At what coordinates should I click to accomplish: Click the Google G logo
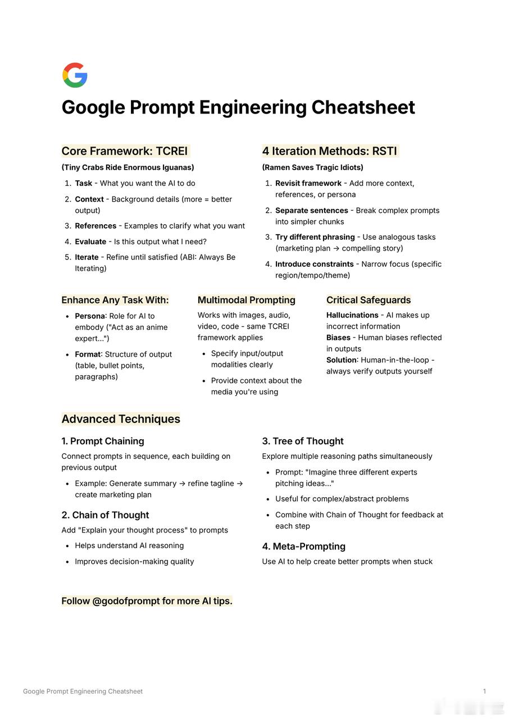(x=75, y=75)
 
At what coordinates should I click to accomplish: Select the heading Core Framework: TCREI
(x=125, y=151)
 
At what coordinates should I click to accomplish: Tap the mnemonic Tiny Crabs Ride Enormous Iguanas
(x=128, y=167)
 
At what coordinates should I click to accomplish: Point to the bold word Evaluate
(x=90, y=242)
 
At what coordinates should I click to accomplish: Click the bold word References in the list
(x=96, y=226)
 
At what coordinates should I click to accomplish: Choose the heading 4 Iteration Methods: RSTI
(x=329, y=151)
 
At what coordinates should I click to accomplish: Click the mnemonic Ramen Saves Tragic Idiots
(x=312, y=167)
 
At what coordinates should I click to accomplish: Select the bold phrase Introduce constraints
(x=314, y=264)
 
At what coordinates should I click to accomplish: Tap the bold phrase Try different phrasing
(x=315, y=237)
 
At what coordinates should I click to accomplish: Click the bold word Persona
(x=90, y=316)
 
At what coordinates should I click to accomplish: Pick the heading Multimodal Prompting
(x=246, y=300)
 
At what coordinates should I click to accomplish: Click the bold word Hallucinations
(x=352, y=315)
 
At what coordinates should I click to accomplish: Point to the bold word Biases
(x=339, y=338)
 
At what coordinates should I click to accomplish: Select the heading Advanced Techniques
(x=121, y=419)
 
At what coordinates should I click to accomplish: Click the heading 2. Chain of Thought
(x=105, y=515)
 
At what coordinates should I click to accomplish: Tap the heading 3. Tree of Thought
(x=302, y=442)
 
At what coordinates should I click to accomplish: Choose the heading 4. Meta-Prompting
(x=303, y=547)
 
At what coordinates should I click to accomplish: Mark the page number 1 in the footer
(x=484, y=691)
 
